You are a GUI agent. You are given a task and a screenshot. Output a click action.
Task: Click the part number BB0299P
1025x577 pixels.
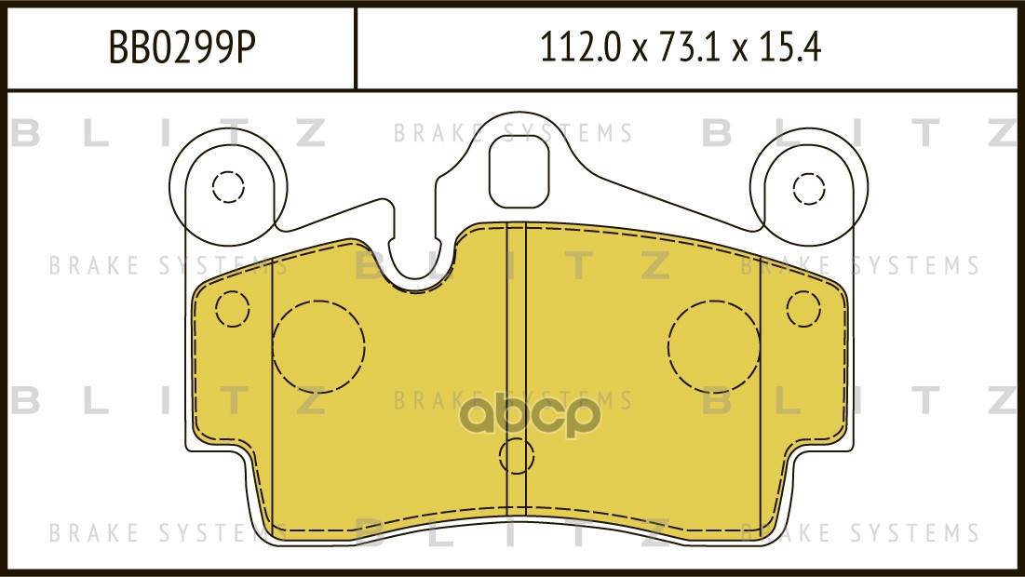click(x=182, y=47)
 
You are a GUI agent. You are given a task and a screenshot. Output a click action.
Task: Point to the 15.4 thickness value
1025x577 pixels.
click(x=790, y=47)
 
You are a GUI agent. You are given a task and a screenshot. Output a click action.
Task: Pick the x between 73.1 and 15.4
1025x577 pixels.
click(x=740, y=50)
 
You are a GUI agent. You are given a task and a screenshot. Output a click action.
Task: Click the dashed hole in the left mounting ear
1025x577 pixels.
click(x=228, y=187)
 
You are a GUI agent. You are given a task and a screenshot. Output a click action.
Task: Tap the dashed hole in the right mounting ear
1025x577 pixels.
click(x=809, y=189)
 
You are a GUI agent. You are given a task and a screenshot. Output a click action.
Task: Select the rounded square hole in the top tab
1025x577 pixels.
click(x=527, y=173)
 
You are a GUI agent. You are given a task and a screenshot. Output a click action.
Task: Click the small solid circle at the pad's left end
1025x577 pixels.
click(x=233, y=308)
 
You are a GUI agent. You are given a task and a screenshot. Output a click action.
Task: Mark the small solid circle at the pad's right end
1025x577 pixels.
click(x=802, y=307)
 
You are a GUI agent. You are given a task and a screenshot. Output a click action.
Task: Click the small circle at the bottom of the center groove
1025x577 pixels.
click(x=517, y=455)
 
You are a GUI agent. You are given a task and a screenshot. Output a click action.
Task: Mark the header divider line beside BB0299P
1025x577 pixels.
click(x=356, y=48)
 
